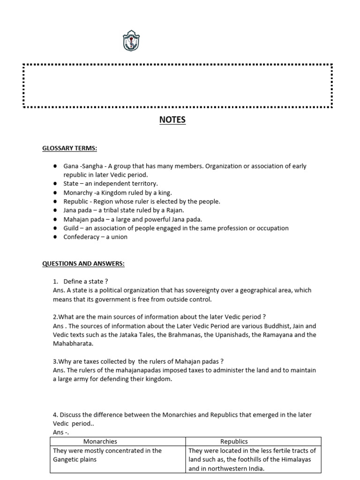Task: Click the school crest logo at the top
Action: (130, 42)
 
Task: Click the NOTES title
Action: (172, 120)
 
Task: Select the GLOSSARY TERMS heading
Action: (70, 149)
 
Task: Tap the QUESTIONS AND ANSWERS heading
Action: (83, 263)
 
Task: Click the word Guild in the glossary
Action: (71, 228)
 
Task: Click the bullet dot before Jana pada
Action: (54, 210)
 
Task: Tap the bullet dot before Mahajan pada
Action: (54, 219)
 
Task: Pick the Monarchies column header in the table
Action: (100, 442)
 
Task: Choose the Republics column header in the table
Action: (234, 442)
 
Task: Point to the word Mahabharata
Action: (73, 344)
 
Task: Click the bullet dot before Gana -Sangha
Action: (54, 166)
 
